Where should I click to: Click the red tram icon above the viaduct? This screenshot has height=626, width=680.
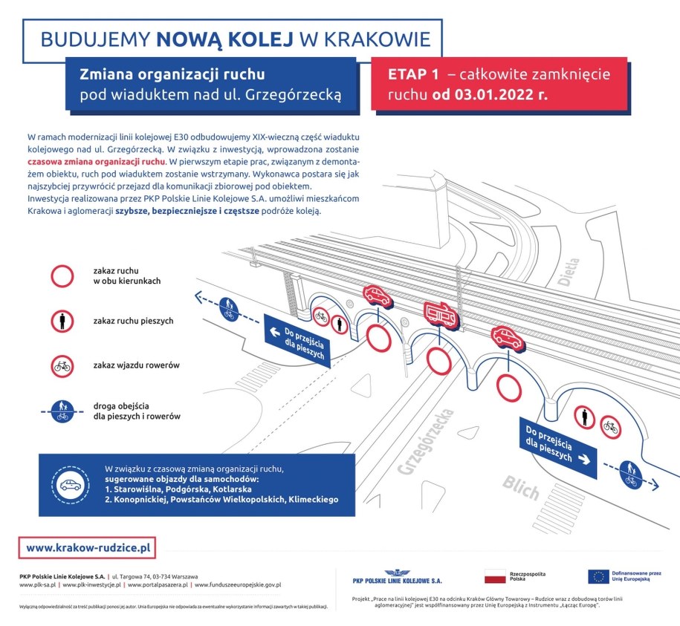[441, 315]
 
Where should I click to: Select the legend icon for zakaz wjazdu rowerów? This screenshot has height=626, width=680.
[62, 365]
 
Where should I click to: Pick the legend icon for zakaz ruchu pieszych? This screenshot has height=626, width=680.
[62, 321]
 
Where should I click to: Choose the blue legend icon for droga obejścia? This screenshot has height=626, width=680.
[62, 411]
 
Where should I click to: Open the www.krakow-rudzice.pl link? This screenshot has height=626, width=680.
[88, 548]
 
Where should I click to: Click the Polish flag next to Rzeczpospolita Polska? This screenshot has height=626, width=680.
[495, 576]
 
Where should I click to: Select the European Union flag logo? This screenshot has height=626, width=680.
[598, 576]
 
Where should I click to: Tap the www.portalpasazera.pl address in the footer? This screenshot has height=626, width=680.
[158, 585]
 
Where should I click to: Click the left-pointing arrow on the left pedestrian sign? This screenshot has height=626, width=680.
[274, 333]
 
